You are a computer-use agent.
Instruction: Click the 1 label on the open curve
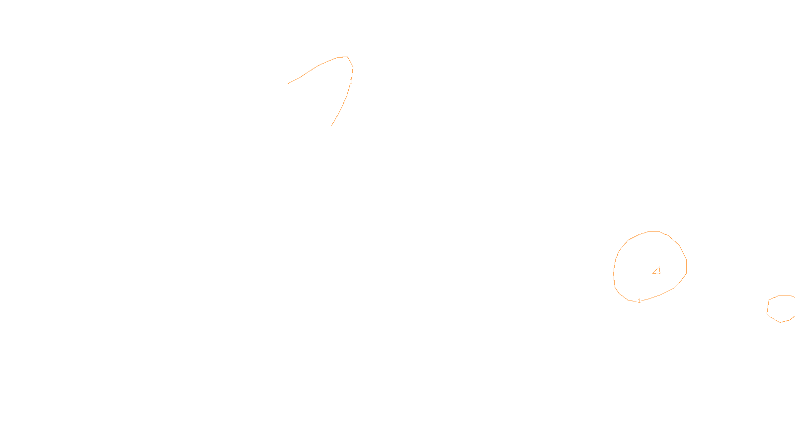tap(351, 81)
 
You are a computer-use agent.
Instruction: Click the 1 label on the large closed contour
tap(639, 301)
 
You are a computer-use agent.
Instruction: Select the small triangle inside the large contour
tap(657, 271)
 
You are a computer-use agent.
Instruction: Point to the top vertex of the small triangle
tap(658, 267)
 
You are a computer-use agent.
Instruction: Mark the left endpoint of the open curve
tap(288, 83)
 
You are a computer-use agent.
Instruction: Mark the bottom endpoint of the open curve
tap(332, 125)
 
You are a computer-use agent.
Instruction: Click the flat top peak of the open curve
tap(342, 57)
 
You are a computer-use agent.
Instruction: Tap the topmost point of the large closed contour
tap(653, 231)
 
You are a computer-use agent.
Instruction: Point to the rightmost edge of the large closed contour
tap(686, 266)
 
